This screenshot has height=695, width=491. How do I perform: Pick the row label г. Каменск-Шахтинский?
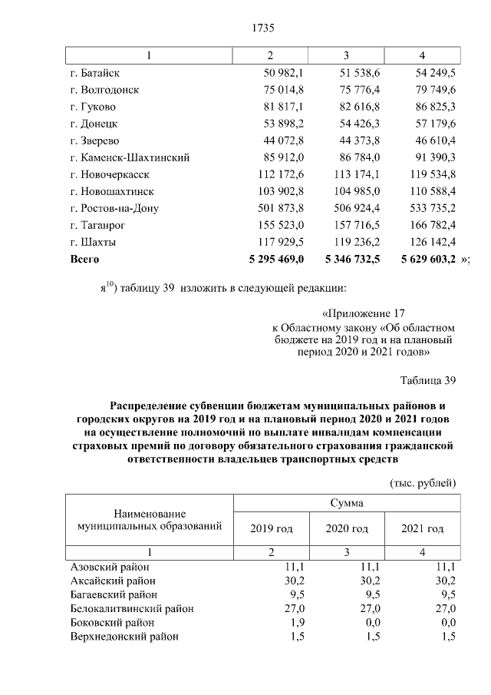pyautogui.click(x=130, y=157)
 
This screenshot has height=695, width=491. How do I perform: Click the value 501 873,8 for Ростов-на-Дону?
pyautogui.click(x=280, y=208)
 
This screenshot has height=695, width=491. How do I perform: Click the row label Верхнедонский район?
pyautogui.click(x=124, y=637)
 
